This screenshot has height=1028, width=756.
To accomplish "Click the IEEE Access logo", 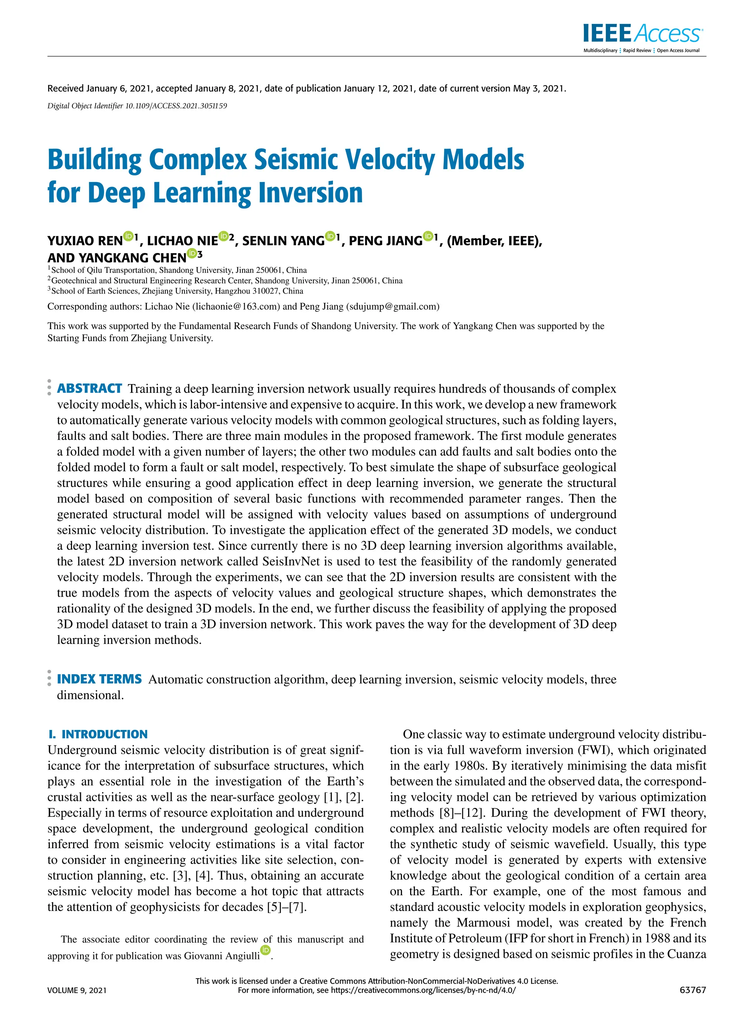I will (x=643, y=34).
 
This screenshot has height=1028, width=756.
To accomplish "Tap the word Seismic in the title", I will (x=296, y=160).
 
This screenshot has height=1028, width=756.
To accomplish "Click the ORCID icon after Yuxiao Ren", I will (x=128, y=237).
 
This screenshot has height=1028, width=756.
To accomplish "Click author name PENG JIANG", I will (x=385, y=241).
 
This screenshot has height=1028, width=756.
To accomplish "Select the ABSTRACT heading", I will (x=89, y=388).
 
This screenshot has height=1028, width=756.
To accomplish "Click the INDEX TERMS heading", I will (x=99, y=679).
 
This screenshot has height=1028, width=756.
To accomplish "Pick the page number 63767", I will (x=693, y=990).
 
